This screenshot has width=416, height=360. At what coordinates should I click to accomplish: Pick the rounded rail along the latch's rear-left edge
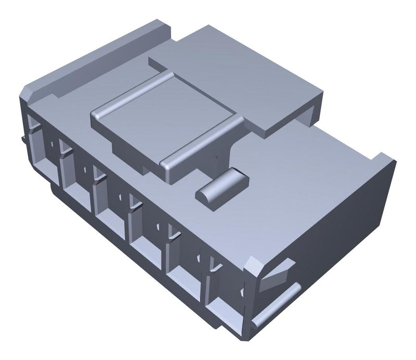133,93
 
